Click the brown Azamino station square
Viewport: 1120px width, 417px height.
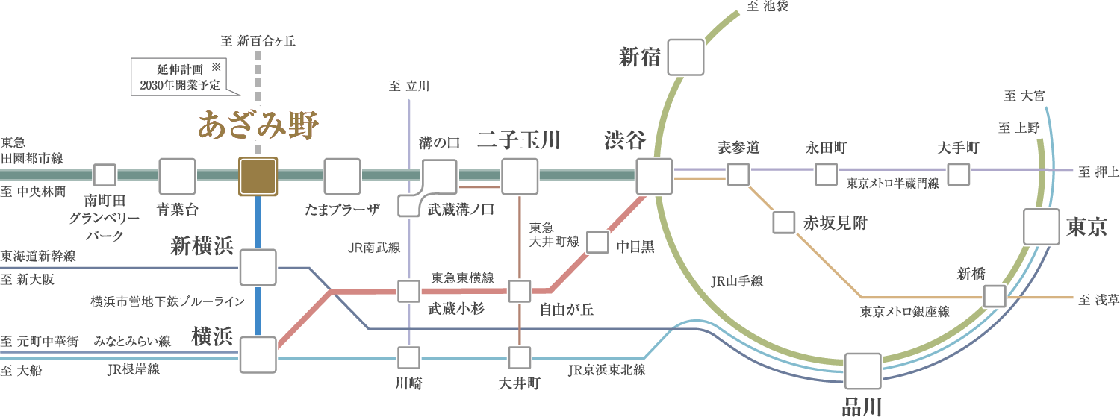pyautogui.click(x=258, y=177)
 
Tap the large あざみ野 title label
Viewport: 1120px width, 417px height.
pyautogui.click(x=258, y=125)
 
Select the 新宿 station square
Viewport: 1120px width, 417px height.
pyautogui.click(x=686, y=57)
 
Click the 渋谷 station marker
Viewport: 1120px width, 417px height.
pyautogui.click(x=654, y=177)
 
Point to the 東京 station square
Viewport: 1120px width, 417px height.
pyautogui.click(x=1041, y=227)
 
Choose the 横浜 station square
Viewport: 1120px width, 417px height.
pyautogui.click(x=258, y=355)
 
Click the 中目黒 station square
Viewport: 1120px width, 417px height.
pyautogui.click(x=597, y=242)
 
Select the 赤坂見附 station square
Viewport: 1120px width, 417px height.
pyautogui.click(x=783, y=222)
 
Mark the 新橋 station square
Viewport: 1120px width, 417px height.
pyautogui.click(x=994, y=296)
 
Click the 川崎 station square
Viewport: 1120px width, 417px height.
pyautogui.click(x=408, y=357)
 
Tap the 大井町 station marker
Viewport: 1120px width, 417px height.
pyautogui.click(x=519, y=357)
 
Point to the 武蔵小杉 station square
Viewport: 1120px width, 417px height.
pyautogui.click(x=408, y=291)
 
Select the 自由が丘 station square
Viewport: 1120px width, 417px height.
pyautogui.click(x=519, y=291)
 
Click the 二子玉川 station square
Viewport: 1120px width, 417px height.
pyautogui.click(x=519, y=177)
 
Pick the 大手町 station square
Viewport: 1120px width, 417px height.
pyautogui.click(x=958, y=175)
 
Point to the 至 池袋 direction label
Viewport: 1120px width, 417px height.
pyautogui.click(x=767, y=7)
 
